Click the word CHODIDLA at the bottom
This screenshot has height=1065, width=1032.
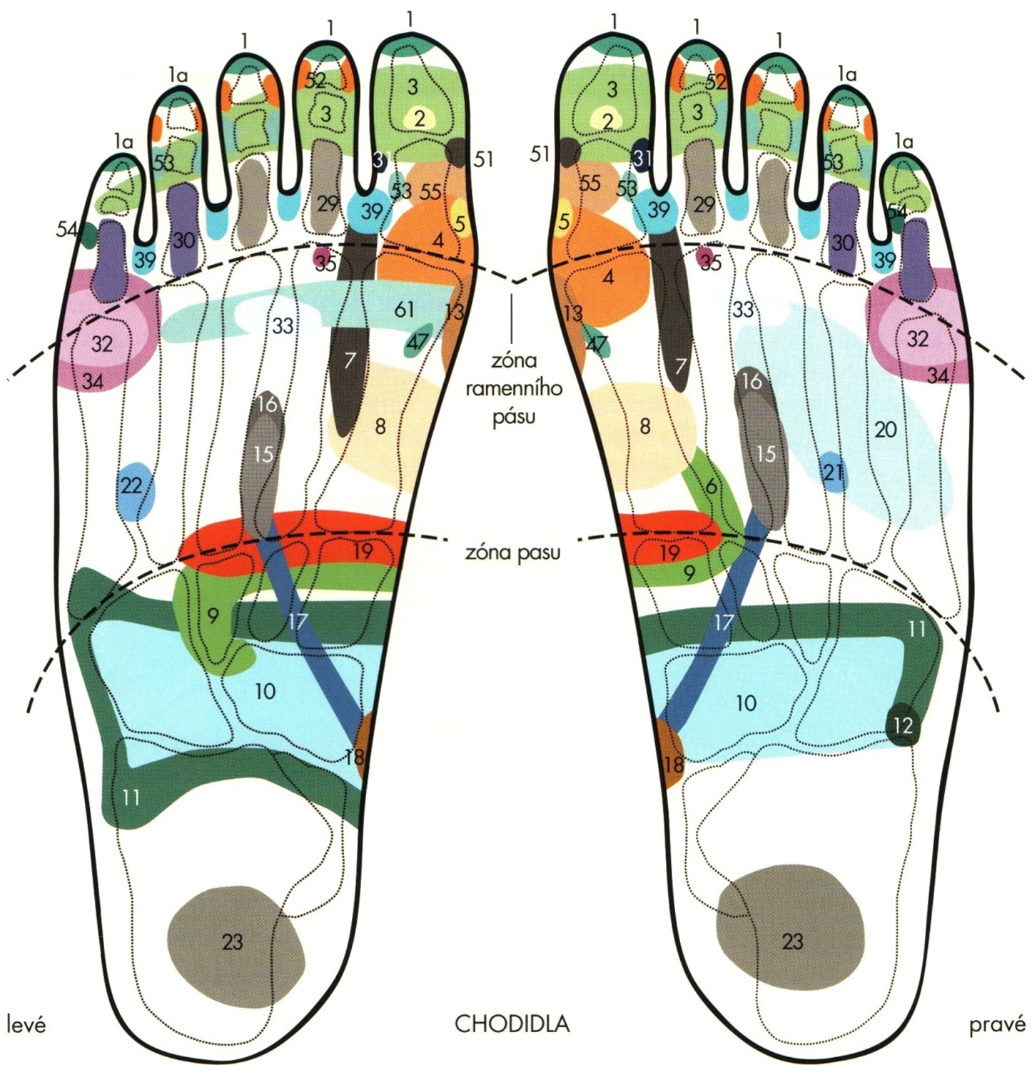coord(512,1024)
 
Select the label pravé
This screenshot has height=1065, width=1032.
coord(997,1025)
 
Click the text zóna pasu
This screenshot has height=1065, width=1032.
coord(512,552)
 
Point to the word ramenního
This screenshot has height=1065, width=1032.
coord(514,388)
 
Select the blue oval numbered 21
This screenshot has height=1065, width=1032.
coord(833,472)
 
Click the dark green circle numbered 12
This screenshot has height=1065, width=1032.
coord(902,726)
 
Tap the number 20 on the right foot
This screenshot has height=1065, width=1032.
coord(885,430)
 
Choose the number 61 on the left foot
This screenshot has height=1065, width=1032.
coord(404,309)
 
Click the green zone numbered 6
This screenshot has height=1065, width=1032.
coord(711,488)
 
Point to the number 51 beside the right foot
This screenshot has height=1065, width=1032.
coord(540,153)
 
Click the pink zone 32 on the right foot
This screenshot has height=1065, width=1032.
coord(917,338)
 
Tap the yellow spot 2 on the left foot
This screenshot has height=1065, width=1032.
coord(420,118)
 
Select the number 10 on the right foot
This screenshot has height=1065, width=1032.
coord(746,704)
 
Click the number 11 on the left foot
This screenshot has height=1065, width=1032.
coord(131,797)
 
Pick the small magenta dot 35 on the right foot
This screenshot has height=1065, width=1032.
coord(707,258)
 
